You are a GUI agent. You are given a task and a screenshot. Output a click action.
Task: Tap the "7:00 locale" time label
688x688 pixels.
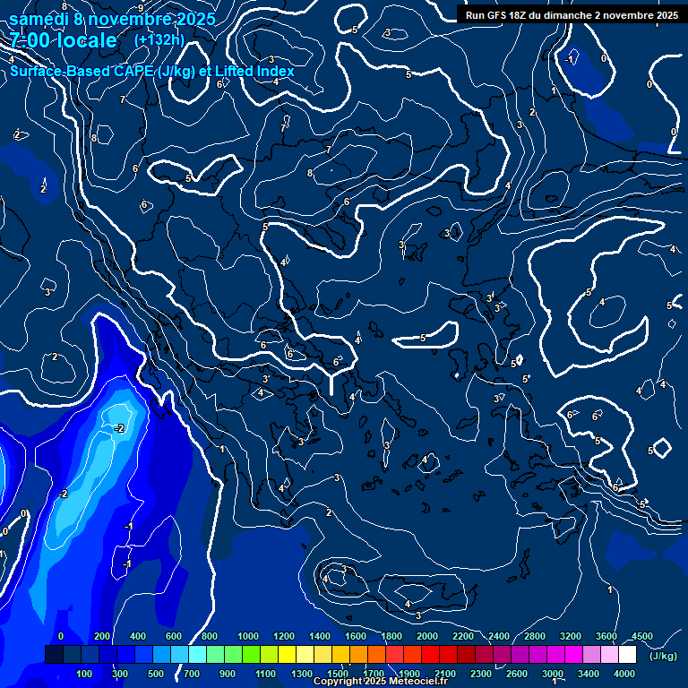(63, 40)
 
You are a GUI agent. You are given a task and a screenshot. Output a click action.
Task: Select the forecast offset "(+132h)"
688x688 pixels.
(159, 40)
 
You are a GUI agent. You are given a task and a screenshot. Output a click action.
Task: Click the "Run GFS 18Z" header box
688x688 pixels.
(572, 14)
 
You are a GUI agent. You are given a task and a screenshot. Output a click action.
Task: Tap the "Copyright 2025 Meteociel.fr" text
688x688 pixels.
(380, 682)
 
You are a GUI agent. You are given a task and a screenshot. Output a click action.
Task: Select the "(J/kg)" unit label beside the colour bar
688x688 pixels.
(663, 656)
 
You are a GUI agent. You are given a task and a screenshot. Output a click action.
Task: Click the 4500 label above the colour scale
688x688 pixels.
(642, 636)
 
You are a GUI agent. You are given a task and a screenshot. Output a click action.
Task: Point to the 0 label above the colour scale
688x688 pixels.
(61, 636)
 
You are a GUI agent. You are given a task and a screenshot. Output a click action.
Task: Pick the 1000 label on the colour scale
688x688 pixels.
(247, 636)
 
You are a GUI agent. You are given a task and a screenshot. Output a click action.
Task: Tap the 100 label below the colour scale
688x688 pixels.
(84, 674)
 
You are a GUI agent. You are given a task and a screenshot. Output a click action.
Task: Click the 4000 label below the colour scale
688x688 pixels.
(624, 674)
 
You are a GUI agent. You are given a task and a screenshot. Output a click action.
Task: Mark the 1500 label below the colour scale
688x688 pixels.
(338, 674)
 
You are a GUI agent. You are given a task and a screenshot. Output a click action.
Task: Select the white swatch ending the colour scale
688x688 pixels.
(627, 655)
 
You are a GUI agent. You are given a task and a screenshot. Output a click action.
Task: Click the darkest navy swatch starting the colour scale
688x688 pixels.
(54, 655)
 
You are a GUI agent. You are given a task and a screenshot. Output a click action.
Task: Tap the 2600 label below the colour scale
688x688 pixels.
(517, 674)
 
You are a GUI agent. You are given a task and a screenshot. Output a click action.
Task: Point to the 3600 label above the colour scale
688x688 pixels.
(606, 636)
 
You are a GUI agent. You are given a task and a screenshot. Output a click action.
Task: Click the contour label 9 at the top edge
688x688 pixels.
(140, 8)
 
